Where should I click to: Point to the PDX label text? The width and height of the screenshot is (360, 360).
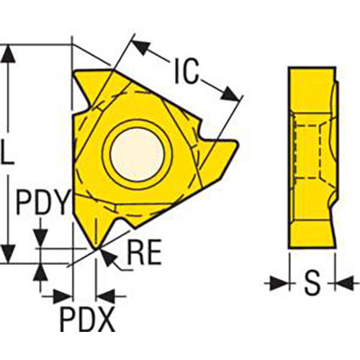(86, 316)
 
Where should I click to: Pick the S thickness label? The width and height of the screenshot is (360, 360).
(312, 283)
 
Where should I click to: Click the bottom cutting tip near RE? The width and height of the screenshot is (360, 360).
(96, 248)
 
